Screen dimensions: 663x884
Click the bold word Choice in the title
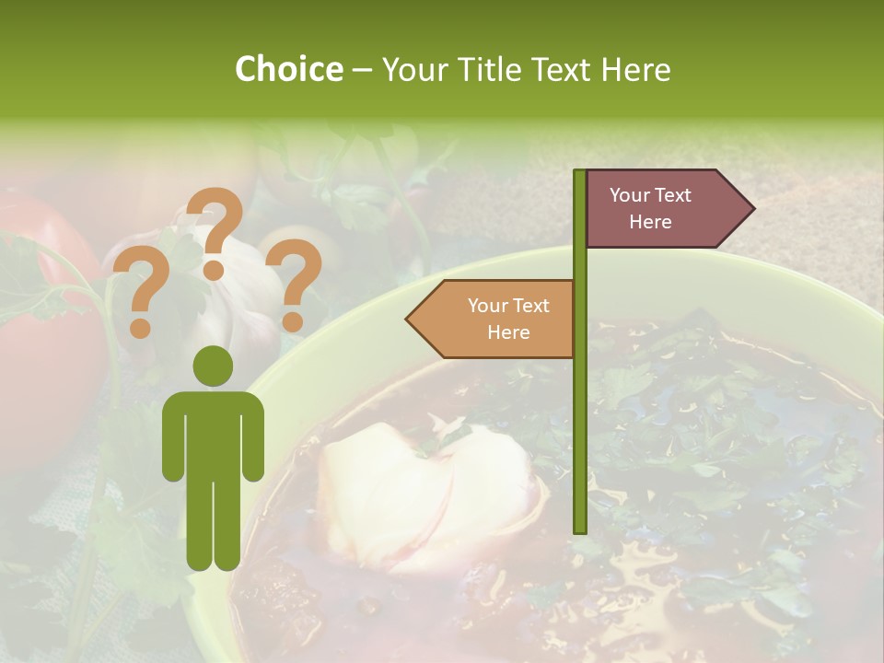coord(288,69)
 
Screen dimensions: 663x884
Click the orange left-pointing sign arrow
coord(493,319)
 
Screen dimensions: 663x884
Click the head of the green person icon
coord(214,367)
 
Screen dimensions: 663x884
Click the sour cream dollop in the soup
coord(424,493)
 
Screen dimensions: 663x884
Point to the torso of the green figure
coord(214,433)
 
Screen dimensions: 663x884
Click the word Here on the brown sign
coord(650,222)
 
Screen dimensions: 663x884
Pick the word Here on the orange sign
coord(508,332)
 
